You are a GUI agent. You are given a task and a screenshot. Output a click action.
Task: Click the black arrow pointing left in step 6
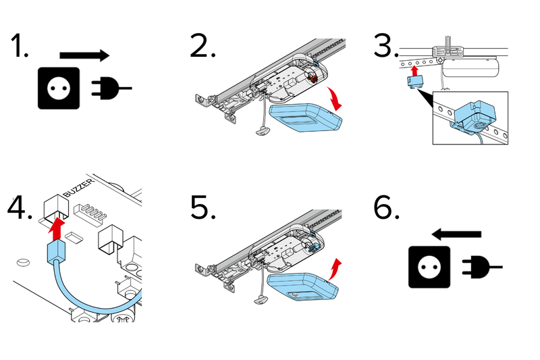(457, 234)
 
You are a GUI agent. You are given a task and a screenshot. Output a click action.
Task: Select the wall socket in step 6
(429, 267)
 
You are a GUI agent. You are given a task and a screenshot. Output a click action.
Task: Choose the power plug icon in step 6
(481, 267)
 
